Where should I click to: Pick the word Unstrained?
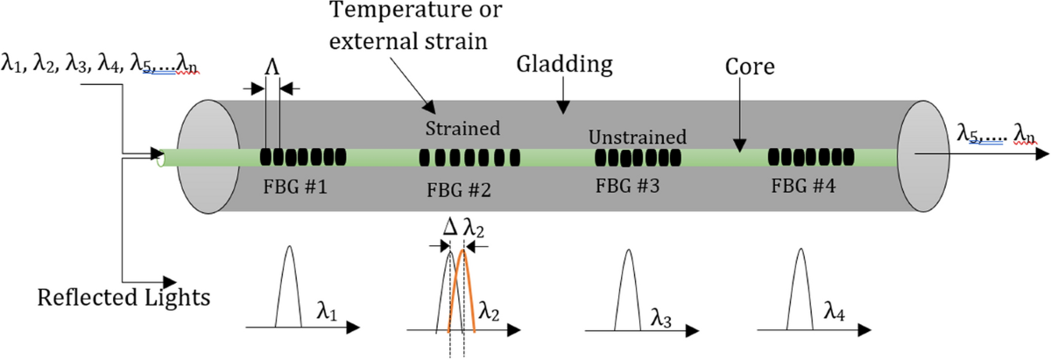pyautogui.click(x=636, y=137)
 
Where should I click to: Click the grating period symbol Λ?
pyautogui.click(x=272, y=67)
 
